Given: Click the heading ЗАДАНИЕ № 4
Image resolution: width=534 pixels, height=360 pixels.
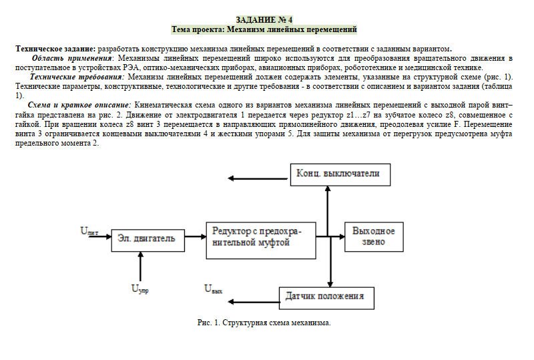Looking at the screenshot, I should [x=264, y=19].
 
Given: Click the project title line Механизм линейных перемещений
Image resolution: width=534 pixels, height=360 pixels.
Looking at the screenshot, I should [x=264, y=29].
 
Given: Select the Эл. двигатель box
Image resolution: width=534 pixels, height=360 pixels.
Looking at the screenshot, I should [x=147, y=238].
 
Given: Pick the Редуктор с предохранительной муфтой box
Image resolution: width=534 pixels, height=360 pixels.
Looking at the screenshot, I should [x=260, y=237].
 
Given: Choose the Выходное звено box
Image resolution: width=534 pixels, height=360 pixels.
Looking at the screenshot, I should [x=373, y=236].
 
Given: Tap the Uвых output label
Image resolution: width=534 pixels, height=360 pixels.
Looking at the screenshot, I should [x=214, y=289].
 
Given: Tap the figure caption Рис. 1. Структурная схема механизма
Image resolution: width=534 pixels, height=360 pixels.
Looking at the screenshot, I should [x=264, y=323].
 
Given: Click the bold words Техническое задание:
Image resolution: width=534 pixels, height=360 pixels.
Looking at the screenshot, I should [x=56, y=49].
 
